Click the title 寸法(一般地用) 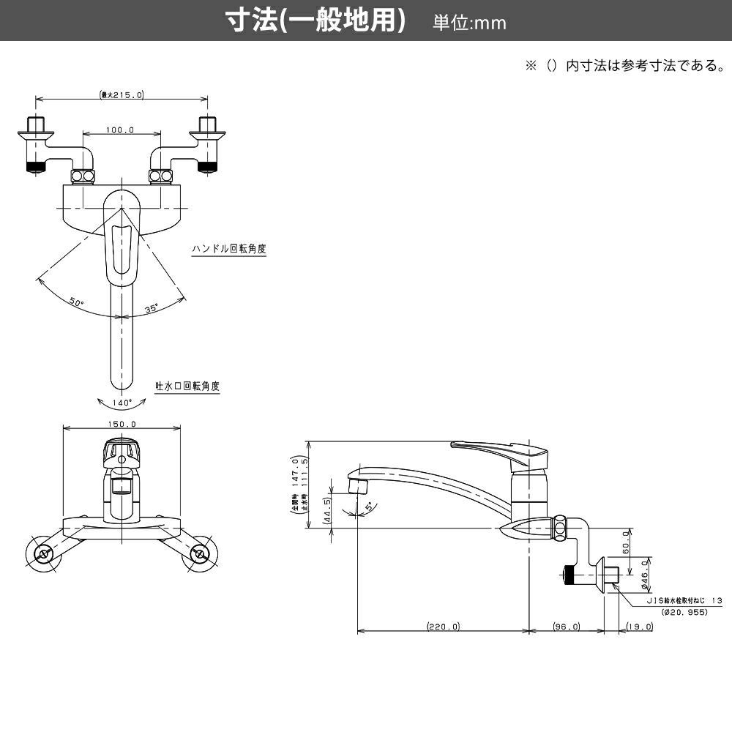(315, 21)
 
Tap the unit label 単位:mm (469, 23)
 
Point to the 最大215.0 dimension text (122, 94)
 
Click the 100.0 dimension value (121, 130)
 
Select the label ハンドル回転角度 (228, 249)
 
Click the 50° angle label (77, 301)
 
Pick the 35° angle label (152, 309)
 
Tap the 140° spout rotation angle (122, 403)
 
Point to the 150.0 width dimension (122, 424)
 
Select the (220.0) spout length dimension (443, 627)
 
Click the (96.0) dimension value (566, 627)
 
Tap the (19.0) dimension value (639, 627)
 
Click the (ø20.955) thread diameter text (684, 611)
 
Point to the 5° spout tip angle (368, 505)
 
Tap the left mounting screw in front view (43, 553)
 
